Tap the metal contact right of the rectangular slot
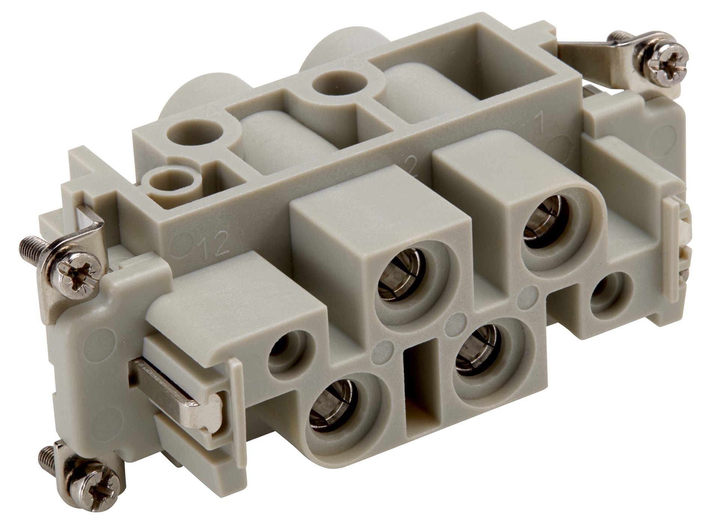480,350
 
